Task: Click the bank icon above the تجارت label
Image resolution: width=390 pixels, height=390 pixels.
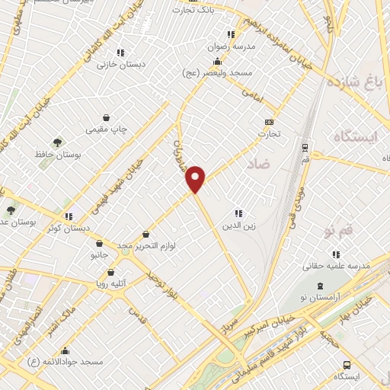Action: coord(269,122)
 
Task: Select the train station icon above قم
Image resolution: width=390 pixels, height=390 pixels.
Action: coord(305,147)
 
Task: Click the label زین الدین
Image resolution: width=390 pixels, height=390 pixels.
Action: coord(238,226)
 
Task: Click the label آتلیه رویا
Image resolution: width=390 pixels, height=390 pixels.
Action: coord(111,283)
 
